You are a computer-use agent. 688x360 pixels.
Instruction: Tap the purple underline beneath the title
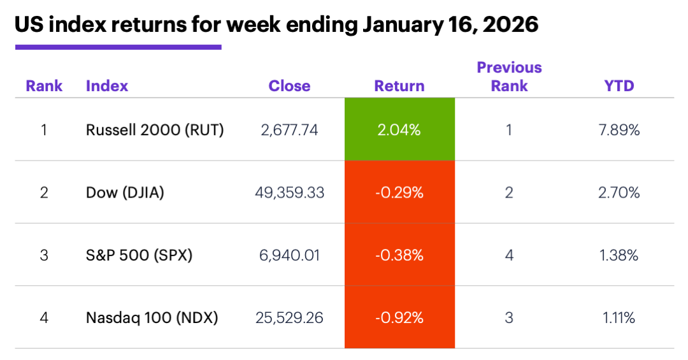tap(118, 47)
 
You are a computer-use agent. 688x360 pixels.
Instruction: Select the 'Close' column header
tap(289, 86)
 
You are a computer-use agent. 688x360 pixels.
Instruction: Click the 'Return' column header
tap(399, 86)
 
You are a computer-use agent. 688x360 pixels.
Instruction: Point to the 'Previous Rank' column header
tap(509, 76)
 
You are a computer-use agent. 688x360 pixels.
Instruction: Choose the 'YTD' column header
tap(619, 86)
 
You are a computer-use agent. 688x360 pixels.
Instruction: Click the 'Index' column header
tap(107, 86)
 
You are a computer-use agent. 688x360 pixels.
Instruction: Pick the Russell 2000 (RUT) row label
tap(155, 130)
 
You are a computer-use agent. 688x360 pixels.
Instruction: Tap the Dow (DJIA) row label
tap(125, 192)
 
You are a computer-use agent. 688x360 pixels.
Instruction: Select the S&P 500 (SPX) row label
tap(139, 256)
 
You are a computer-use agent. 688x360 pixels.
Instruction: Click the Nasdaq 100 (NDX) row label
tap(152, 317)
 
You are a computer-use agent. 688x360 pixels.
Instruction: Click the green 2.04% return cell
tap(399, 130)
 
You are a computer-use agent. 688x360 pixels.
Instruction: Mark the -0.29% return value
tap(399, 192)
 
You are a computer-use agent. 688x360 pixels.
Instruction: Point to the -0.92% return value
tap(399, 317)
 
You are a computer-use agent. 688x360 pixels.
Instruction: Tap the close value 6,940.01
tap(290, 256)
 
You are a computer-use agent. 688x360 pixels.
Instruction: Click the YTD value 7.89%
tap(619, 130)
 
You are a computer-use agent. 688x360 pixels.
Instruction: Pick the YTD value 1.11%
tap(619, 317)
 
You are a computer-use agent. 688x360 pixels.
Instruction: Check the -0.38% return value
tap(399, 256)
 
